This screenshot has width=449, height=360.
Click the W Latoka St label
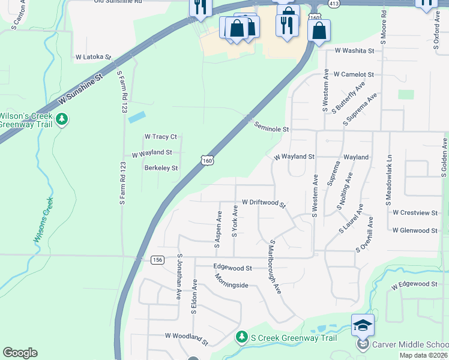click(x=94, y=58)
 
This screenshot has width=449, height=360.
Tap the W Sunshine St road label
click(x=81, y=88)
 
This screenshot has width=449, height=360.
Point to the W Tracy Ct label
click(x=160, y=137)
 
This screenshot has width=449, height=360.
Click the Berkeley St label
click(x=161, y=168)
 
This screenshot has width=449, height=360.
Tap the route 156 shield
click(x=157, y=260)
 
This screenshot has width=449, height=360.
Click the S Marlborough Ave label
click(x=275, y=266)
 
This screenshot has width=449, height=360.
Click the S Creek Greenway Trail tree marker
click(x=242, y=338)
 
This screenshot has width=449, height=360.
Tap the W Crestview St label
click(x=415, y=212)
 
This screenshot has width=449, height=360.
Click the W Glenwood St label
click(x=415, y=230)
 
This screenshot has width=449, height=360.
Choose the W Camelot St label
click(x=354, y=74)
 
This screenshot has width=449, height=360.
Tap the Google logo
click(x=20, y=353)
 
